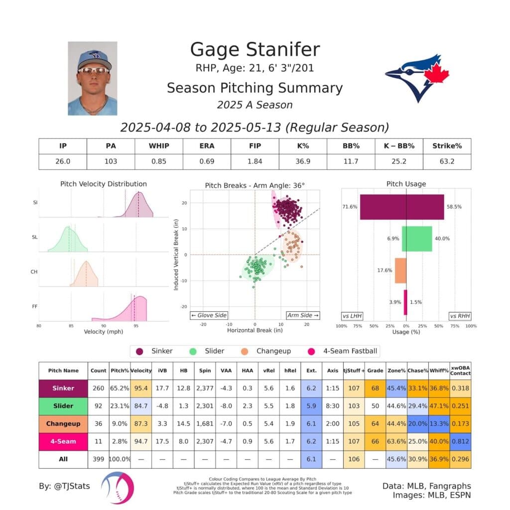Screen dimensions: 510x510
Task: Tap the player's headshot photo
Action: coord(93,78)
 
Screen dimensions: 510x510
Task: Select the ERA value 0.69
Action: coord(207,161)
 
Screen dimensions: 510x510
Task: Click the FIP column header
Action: coord(255,146)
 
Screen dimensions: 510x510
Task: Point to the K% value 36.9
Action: coord(303,161)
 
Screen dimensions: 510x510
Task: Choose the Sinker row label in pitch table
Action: coord(63,388)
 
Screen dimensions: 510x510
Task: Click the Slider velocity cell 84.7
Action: coord(141,406)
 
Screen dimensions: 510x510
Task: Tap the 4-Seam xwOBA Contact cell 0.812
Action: coord(461,441)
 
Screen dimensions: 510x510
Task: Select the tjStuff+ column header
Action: coord(354,371)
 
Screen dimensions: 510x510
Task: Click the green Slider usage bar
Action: coord(417,239)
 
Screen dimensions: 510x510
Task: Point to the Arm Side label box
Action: coord(303,315)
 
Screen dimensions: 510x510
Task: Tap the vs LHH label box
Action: coord(352,315)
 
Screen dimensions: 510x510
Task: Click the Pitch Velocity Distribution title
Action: coord(104,184)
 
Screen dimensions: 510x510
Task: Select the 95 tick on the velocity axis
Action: coord(136,326)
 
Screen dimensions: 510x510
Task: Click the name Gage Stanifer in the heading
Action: coord(255,49)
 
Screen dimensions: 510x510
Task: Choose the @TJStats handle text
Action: coord(64,486)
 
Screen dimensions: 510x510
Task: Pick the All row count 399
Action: coord(98,459)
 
